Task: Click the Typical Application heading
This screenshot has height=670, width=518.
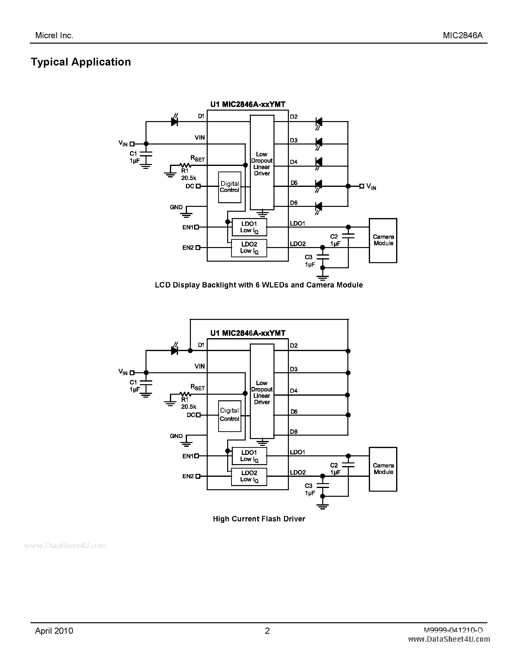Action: tap(81, 62)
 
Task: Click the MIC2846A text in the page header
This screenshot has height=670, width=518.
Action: tap(463, 36)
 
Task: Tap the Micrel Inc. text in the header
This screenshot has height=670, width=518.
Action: tap(54, 36)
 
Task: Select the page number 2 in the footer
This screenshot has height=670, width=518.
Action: tap(267, 631)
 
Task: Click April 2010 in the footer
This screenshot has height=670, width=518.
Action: tap(54, 631)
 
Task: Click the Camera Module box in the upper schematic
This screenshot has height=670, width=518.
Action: tap(383, 240)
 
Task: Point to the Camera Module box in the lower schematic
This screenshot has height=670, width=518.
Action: tap(383, 469)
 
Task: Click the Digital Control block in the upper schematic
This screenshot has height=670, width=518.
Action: tap(230, 187)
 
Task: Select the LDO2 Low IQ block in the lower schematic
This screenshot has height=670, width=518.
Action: tap(249, 476)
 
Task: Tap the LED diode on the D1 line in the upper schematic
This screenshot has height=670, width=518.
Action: tap(174, 122)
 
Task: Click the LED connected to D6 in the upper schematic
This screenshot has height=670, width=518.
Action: tap(319, 206)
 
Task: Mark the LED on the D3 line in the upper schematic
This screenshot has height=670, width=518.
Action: tap(319, 142)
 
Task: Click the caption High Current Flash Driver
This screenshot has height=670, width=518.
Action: tap(259, 519)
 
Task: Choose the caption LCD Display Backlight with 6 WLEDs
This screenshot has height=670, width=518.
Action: tap(259, 285)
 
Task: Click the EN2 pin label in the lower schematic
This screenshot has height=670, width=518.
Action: tap(188, 476)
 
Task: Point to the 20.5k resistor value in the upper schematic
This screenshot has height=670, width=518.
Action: tap(188, 178)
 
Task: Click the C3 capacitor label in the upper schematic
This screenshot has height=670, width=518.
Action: tap(308, 257)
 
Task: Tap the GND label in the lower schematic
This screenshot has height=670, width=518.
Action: tap(176, 436)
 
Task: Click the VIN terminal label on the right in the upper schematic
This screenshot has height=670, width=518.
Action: tap(371, 187)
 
